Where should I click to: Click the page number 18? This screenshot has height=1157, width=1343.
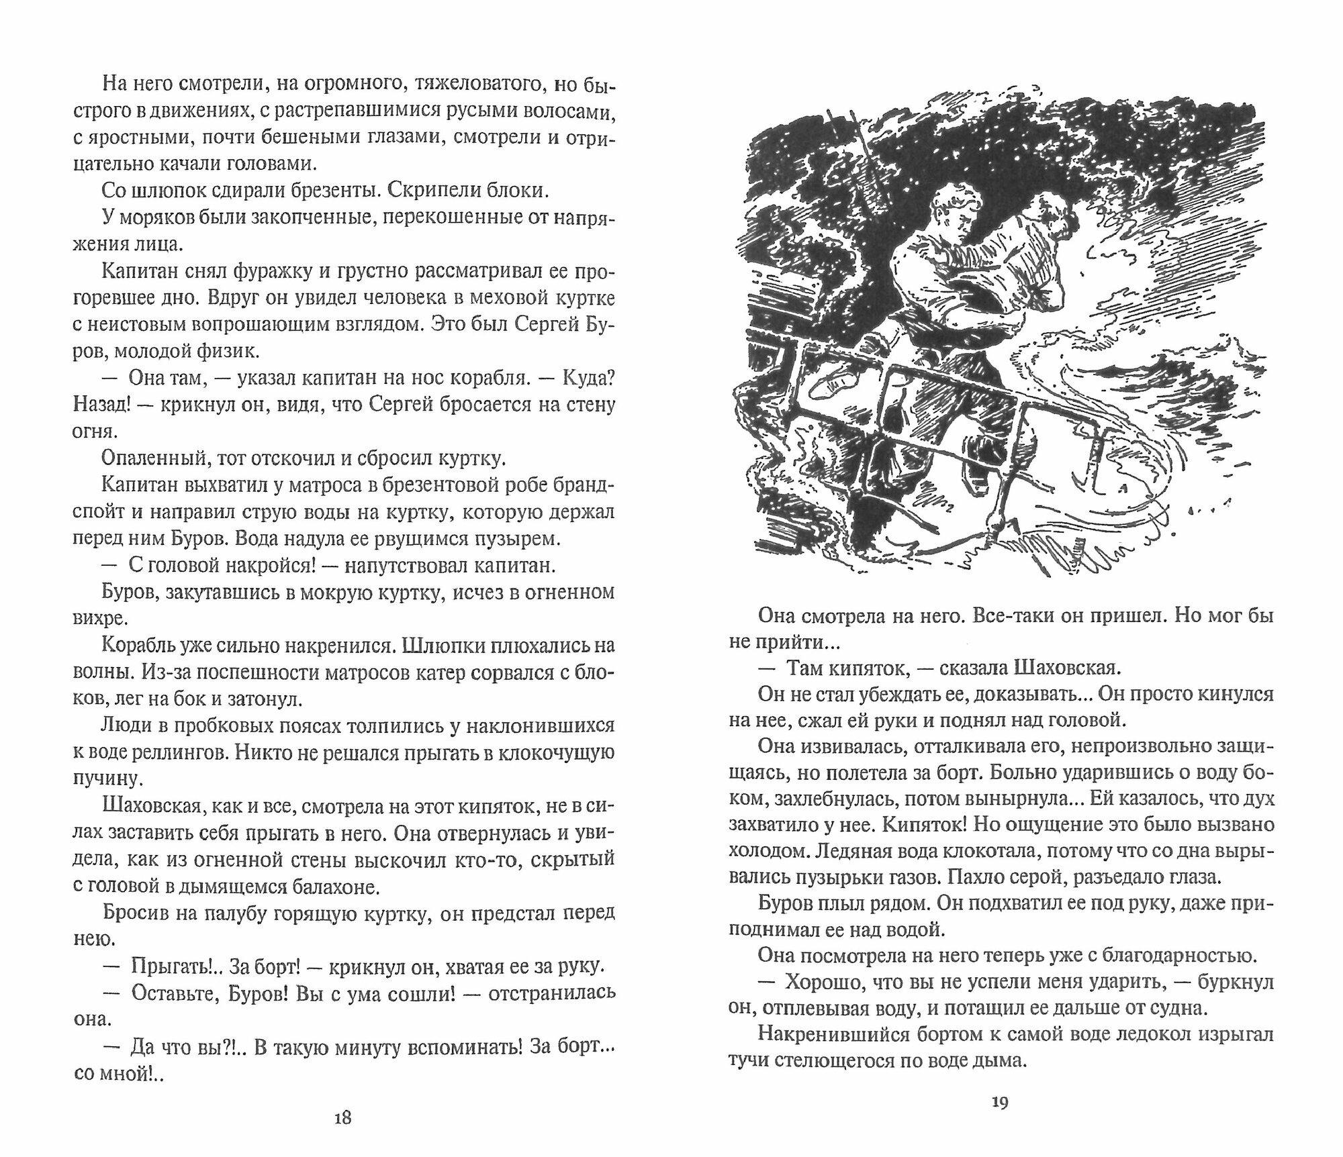pyautogui.click(x=342, y=1117)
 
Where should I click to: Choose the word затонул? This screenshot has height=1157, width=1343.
pyautogui.click(x=267, y=699)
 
